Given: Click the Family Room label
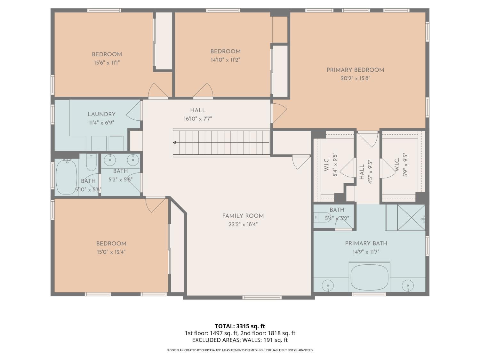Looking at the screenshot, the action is pyautogui.click(x=243, y=216).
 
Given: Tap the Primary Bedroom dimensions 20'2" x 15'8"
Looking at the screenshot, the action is pyautogui.click(x=355, y=78).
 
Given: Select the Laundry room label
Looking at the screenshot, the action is pyautogui.click(x=101, y=114).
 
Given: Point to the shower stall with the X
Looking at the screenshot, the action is pyautogui.click(x=411, y=218).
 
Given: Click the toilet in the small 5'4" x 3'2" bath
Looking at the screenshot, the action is pyautogui.click(x=323, y=217).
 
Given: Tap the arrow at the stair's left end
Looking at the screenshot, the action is pyautogui.click(x=174, y=143).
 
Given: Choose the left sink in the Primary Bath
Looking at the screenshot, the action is pyautogui.click(x=328, y=286).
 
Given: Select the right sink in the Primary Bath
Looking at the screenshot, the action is pyautogui.click(x=408, y=286).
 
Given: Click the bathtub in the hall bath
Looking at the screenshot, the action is pyautogui.click(x=67, y=177).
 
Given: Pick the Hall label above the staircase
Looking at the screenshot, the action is pyautogui.click(x=198, y=110).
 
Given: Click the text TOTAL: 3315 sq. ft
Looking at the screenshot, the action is pyautogui.click(x=240, y=326).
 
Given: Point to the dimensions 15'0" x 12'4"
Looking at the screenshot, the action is pyautogui.click(x=111, y=252).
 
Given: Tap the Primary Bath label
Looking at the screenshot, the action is pyautogui.click(x=366, y=243).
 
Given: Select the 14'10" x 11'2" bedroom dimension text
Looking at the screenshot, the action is pyautogui.click(x=226, y=60).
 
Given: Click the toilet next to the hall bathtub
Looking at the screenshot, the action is pyautogui.click(x=92, y=162).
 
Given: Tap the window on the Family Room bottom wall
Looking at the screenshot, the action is pyautogui.click(x=262, y=297).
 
